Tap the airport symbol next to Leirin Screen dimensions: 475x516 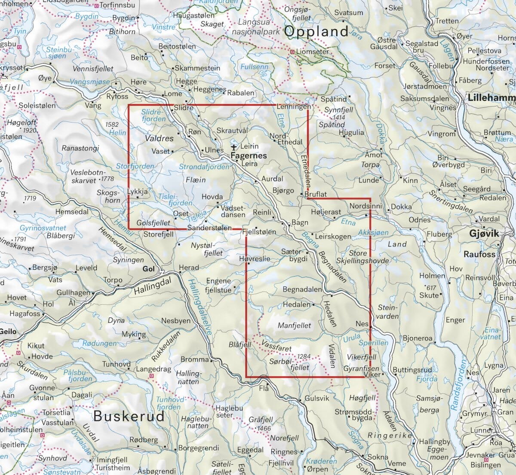coord(234,147)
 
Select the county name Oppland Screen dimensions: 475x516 coord(316,31)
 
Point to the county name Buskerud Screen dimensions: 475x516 coord(129,416)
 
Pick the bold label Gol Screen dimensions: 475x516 coord(148,269)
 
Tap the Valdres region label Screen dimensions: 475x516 coord(159,138)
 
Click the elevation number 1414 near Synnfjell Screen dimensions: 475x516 coord(338,117)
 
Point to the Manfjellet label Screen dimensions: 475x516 coord(294,326)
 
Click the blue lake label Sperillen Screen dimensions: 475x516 coord(373,343)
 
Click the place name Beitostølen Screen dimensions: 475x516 coord(177,46)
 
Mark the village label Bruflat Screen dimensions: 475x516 coord(315,194)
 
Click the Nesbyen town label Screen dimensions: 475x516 coord(175,321)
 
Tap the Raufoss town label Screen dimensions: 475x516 coord(479,254)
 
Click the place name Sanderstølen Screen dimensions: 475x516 coord(209,228)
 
